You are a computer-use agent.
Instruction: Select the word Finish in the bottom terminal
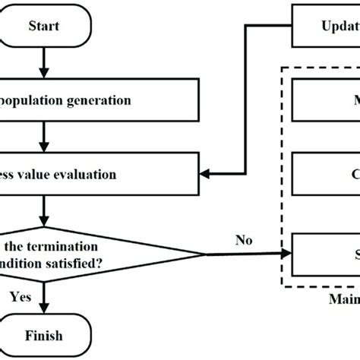43,335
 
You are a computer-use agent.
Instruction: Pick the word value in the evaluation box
37,175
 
